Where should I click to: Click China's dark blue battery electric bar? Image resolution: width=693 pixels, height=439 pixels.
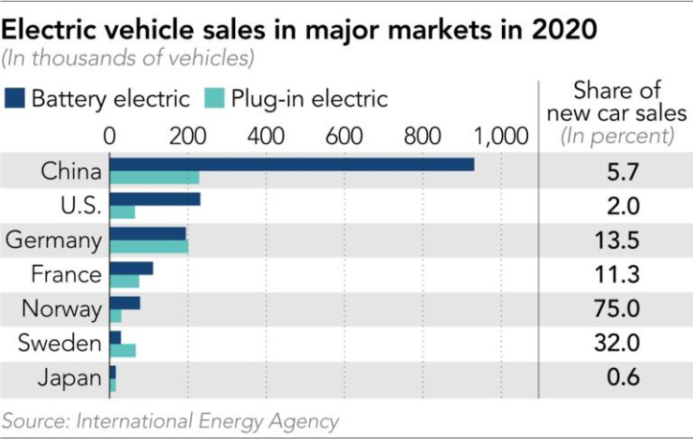pyautogui.click(x=291, y=165)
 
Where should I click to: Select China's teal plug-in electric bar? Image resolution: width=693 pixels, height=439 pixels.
pyautogui.click(x=155, y=178)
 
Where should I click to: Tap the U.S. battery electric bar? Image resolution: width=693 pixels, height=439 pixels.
pyautogui.click(x=155, y=199)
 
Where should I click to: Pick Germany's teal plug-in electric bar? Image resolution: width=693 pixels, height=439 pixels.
pyautogui.click(x=149, y=247)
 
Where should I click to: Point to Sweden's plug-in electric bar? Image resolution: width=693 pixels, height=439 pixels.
pyautogui.click(x=123, y=350)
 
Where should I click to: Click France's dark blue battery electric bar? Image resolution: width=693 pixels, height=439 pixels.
pyautogui.click(x=131, y=269)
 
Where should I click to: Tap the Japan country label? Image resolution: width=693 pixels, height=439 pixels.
pyautogui.click(x=69, y=378)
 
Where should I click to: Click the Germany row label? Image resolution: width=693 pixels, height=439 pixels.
pyautogui.click(x=53, y=241)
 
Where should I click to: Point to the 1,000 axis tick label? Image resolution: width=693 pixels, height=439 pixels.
pyautogui.click(x=503, y=136)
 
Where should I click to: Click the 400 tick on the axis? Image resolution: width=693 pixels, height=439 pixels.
pyautogui.click(x=268, y=136)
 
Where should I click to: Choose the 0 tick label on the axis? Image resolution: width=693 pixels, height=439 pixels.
pyautogui.click(x=111, y=136)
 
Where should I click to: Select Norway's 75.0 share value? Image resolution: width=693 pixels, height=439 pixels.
pyautogui.click(x=616, y=309)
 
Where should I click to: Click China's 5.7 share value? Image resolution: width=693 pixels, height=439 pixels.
pyautogui.click(x=616, y=172)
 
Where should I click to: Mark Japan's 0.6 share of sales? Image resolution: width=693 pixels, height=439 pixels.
pyautogui.click(x=616, y=378)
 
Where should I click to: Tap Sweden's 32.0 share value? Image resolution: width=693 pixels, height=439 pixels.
pyautogui.click(x=616, y=344)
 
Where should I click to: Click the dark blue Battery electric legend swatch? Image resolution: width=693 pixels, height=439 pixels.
pyautogui.click(x=16, y=98)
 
